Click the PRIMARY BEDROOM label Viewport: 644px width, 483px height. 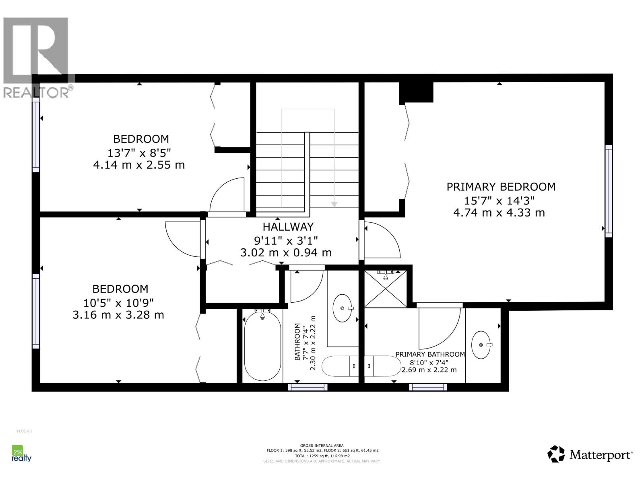click(x=501, y=187)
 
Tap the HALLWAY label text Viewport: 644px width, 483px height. click(x=288, y=227)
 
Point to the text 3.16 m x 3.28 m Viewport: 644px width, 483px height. click(x=118, y=315)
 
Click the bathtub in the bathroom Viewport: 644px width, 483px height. click(x=262, y=345)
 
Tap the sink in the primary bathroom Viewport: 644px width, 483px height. click(x=482, y=345)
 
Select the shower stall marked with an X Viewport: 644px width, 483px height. click(x=385, y=289)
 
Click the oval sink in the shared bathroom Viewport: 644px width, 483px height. click(x=343, y=308)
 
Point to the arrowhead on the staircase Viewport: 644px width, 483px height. click(x=334, y=204)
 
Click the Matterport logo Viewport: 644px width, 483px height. click(x=590, y=454)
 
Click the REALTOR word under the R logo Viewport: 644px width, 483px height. click(x=36, y=93)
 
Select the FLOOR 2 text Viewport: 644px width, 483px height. click(x=25, y=431)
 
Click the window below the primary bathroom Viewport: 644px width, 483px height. click(x=428, y=387)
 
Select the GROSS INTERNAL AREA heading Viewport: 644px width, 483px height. click(x=322, y=446)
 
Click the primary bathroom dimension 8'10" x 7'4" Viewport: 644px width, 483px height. click(x=427, y=362)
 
